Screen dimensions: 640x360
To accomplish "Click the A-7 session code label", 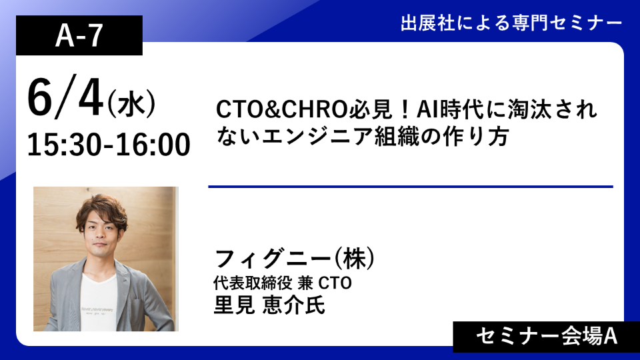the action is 79,35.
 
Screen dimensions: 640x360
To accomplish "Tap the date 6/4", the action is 65,99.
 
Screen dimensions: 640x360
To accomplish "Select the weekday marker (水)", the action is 131,104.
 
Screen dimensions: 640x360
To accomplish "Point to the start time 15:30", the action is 64,145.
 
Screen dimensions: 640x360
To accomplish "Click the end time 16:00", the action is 153,145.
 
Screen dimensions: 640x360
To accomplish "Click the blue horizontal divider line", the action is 411,187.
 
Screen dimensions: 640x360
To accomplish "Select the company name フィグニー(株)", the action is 294,259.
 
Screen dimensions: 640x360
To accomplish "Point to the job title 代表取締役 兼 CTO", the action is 283,283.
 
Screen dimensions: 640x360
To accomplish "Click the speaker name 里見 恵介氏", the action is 269,305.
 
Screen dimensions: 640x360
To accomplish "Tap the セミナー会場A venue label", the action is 547,337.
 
